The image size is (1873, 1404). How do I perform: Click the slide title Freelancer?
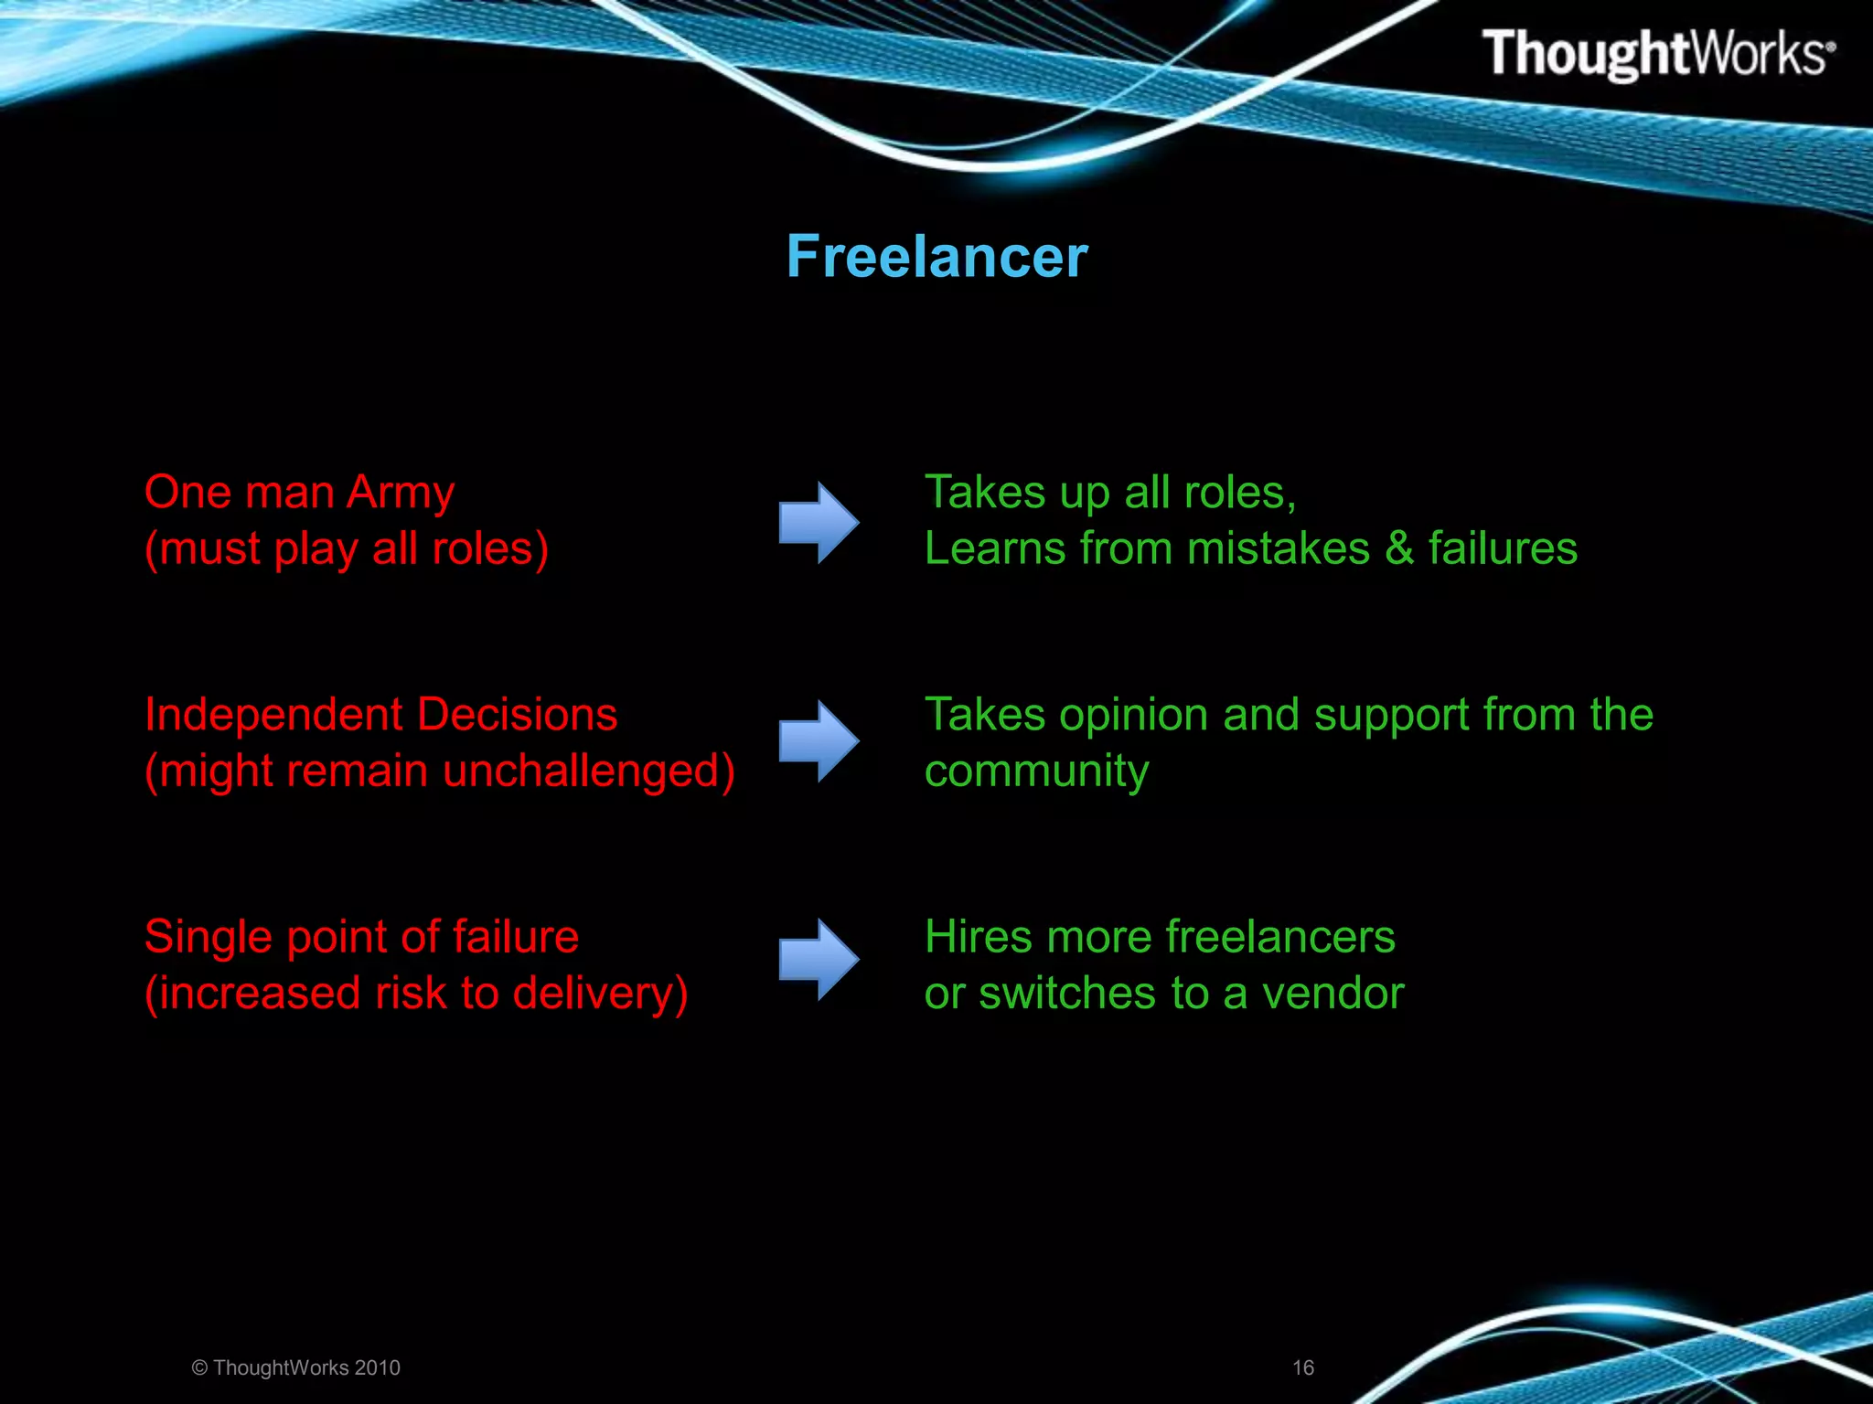pos(936,257)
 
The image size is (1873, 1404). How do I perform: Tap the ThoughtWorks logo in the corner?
pos(1657,53)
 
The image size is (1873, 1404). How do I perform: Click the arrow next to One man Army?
pos(819,522)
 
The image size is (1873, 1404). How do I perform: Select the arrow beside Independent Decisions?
pos(819,740)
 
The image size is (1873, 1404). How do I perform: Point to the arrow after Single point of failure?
pos(819,959)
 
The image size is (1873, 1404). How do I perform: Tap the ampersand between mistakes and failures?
pos(1399,548)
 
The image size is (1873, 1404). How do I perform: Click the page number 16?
pos(1302,1367)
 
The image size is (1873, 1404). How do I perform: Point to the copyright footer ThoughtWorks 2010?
pos(296,1367)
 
